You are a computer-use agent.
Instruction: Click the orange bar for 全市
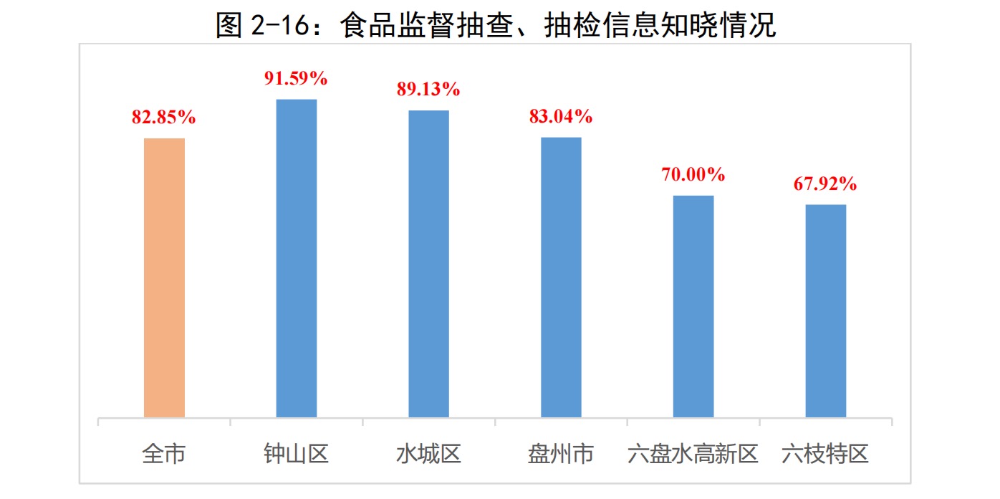click(x=164, y=277)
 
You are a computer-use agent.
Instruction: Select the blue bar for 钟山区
click(x=297, y=258)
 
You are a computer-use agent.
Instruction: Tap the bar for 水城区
click(x=428, y=264)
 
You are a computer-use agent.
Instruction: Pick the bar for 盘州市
click(x=561, y=277)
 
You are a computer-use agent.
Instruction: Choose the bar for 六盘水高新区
click(x=693, y=306)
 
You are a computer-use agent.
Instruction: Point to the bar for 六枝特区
click(x=825, y=311)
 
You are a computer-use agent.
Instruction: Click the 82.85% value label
click(x=163, y=118)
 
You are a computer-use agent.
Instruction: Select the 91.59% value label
click(x=296, y=79)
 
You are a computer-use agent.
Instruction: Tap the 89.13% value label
click(x=428, y=90)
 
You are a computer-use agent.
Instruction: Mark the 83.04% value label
click(x=561, y=117)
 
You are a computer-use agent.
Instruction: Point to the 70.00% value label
click(x=693, y=175)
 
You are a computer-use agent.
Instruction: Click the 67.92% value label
click(x=825, y=184)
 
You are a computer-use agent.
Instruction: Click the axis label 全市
click(x=164, y=455)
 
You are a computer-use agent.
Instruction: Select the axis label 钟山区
click(x=297, y=455)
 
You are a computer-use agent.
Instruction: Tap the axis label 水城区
click(x=428, y=455)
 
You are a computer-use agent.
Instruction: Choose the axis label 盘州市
click(x=561, y=455)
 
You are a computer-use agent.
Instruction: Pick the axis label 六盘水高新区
click(x=693, y=455)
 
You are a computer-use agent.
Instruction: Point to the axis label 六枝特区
click(x=825, y=455)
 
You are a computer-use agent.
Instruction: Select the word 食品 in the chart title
click(x=361, y=26)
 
